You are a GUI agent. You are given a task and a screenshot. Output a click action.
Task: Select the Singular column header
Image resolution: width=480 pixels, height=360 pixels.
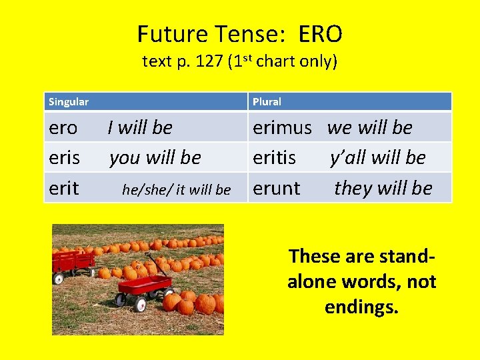click(x=69, y=102)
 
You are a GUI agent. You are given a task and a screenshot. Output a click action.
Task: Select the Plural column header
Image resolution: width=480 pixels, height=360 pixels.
click(x=267, y=102)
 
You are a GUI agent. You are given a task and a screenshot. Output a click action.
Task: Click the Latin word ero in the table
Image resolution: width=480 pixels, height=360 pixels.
click(x=63, y=127)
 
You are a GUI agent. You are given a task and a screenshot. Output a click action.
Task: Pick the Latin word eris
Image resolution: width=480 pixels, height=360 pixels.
click(x=64, y=158)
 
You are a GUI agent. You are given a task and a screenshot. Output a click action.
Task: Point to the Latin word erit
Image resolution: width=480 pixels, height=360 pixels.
click(x=64, y=189)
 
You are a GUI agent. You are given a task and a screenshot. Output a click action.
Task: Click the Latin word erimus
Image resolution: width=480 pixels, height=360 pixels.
click(x=282, y=127)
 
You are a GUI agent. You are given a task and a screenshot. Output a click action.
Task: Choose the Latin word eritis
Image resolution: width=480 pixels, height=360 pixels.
click(x=274, y=158)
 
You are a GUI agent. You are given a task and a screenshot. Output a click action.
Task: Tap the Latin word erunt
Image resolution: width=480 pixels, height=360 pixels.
click(x=277, y=189)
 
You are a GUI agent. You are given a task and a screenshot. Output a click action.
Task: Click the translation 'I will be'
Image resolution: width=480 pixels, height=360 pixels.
click(x=140, y=127)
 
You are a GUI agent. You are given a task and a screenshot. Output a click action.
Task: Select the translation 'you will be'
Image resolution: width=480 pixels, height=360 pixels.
click(x=155, y=158)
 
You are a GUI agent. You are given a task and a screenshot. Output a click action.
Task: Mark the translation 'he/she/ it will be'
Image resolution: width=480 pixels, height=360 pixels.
click(x=177, y=189)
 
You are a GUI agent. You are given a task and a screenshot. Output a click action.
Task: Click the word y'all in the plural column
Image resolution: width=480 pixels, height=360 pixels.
click(x=349, y=158)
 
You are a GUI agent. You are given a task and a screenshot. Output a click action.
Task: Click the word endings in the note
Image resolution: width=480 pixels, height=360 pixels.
click(x=361, y=307)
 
